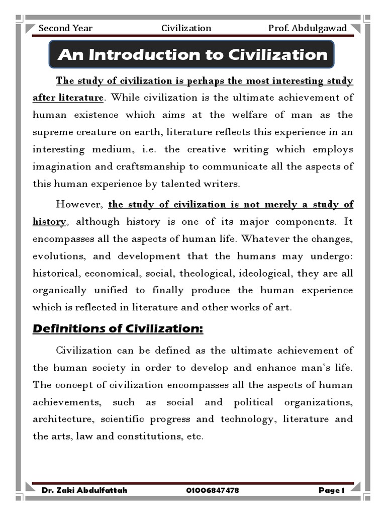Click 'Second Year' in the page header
[x=65, y=28]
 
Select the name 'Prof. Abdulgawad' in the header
[x=308, y=28]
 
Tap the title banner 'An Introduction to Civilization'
[x=192, y=55]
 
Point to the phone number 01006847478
[x=213, y=490]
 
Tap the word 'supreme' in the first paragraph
[x=50, y=132]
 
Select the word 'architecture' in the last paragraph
[x=64, y=419]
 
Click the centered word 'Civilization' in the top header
[x=186, y=28]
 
